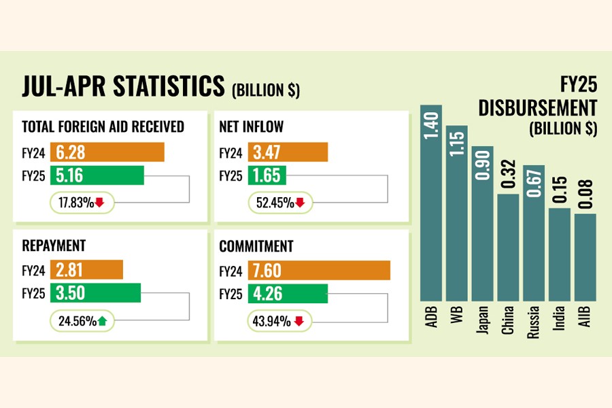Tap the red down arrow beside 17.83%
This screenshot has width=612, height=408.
(x=99, y=201)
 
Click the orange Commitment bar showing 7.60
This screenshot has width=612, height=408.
(x=319, y=271)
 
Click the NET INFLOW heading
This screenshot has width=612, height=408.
(x=252, y=127)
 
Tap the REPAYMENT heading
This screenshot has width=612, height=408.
(x=54, y=246)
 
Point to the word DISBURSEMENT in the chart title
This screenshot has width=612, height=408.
(x=538, y=108)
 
